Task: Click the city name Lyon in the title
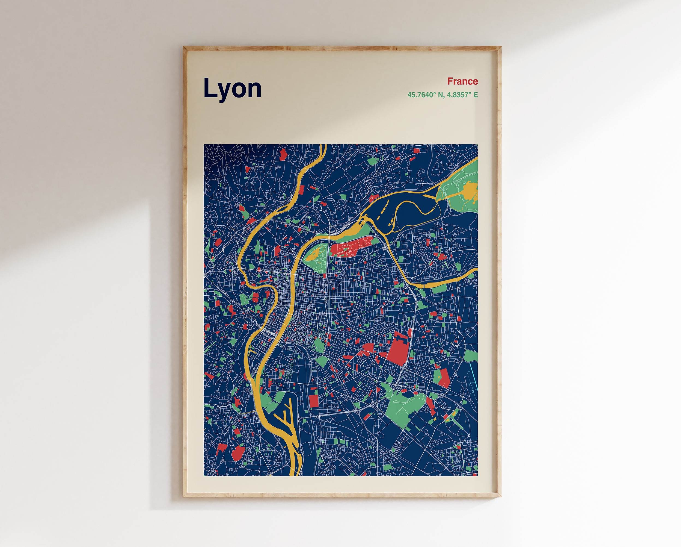coord(232,89)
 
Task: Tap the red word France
coord(462,81)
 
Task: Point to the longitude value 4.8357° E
coord(462,95)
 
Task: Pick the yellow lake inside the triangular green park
coord(314,254)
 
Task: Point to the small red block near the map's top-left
coord(283,154)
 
